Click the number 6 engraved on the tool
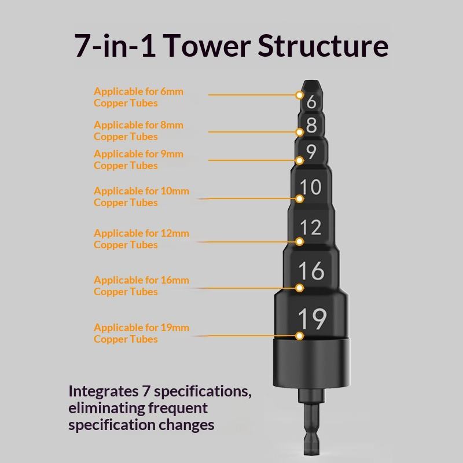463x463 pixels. click(311, 102)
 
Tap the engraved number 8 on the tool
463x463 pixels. click(311, 125)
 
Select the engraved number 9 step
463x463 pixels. click(311, 152)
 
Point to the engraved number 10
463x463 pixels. click(311, 187)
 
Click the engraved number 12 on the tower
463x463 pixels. click(311, 227)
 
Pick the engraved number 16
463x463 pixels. click(311, 270)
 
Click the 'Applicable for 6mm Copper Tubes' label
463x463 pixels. click(138, 97)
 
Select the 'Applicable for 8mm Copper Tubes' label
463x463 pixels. click(138, 131)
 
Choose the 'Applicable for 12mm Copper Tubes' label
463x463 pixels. click(141, 239)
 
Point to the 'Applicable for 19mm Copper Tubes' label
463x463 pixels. click(141, 333)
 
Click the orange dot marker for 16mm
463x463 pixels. click(300, 288)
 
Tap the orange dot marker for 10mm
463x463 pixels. click(300, 199)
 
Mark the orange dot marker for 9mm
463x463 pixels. click(300, 160)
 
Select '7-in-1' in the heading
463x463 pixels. click(115, 46)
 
